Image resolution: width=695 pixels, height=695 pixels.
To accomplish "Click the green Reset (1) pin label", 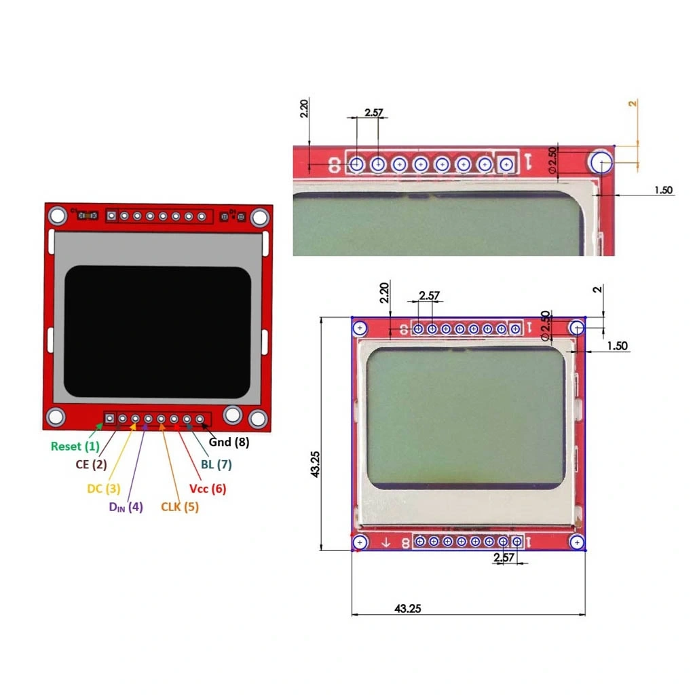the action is point(75,447).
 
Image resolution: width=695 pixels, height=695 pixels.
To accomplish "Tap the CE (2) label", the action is point(92,464).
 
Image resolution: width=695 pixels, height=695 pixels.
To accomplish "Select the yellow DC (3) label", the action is point(104,489).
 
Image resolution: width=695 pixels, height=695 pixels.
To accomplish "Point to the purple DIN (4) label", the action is point(126,507).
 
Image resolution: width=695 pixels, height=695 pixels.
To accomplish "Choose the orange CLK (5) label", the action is point(179,506).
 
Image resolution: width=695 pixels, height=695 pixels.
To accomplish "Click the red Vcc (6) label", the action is point(208,489).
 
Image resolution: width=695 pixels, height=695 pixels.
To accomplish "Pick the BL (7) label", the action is point(217,464).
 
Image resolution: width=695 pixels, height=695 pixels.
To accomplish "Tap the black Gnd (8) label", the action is point(229,442).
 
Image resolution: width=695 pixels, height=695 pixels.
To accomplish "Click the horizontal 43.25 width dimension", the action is point(408,609).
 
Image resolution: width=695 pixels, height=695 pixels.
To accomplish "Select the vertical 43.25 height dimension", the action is point(315,464).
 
